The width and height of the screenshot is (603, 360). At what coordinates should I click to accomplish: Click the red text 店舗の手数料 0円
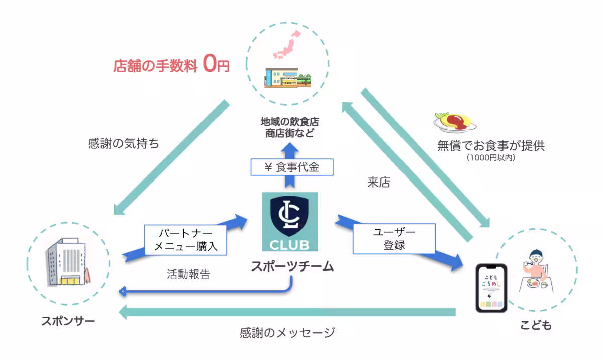pyautogui.click(x=171, y=66)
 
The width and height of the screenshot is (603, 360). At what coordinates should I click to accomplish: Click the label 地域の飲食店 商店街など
pyautogui.click(x=289, y=127)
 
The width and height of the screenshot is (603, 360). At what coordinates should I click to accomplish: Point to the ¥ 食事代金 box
pyautogui.click(x=291, y=167)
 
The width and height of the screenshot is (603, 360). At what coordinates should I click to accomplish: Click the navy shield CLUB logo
pyautogui.click(x=289, y=222)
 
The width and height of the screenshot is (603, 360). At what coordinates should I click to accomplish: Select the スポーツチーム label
pyautogui.click(x=292, y=266)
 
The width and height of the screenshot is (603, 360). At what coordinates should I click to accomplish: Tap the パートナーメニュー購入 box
pyautogui.click(x=185, y=240)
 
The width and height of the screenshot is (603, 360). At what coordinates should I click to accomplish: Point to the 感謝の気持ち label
pyautogui.click(x=124, y=144)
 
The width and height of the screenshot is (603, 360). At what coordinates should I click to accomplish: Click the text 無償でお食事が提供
pyautogui.click(x=490, y=146)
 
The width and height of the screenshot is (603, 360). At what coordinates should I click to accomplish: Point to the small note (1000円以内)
pyautogui.click(x=490, y=158)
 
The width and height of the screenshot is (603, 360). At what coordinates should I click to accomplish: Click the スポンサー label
pyautogui.click(x=68, y=321)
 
